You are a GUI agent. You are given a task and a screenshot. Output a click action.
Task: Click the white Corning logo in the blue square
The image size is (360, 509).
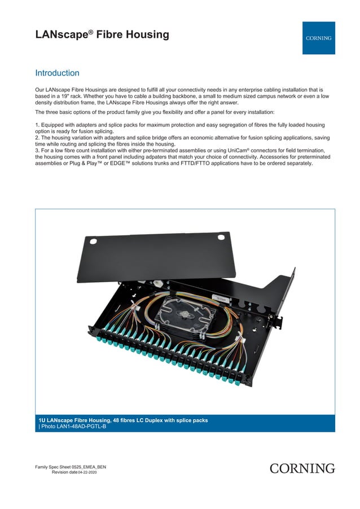click(x=319, y=38)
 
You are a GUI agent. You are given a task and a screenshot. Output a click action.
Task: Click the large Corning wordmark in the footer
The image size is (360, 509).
click(x=302, y=468)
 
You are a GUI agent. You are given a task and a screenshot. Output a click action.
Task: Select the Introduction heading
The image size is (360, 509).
click(x=57, y=73)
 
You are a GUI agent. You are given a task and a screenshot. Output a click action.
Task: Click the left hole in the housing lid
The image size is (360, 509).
click(x=94, y=243)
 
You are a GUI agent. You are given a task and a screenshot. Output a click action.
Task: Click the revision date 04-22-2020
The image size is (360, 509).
click(x=91, y=472)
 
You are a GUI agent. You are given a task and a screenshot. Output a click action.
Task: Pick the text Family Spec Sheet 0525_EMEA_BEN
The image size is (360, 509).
click(x=70, y=467)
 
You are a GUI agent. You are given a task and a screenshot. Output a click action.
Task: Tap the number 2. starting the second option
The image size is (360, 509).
click(x=37, y=137)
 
